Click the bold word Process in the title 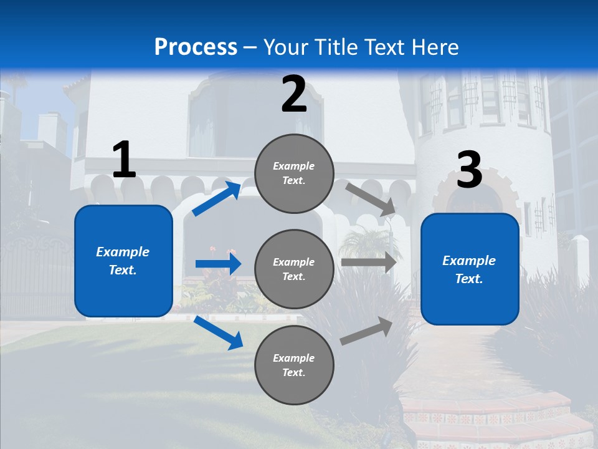pyautogui.click(x=196, y=47)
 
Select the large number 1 pyautogui.click(x=124, y=160)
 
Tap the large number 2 pyautogui.click(x=294, y=94)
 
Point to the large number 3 pyautogui.click(x=469, y=171)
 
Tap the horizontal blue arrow pyautogui.click(x=218, y=264)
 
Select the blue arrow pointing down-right pyautogui.click(x=219, y=332)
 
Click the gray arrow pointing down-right pyautogui.click(x=370, y=199)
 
